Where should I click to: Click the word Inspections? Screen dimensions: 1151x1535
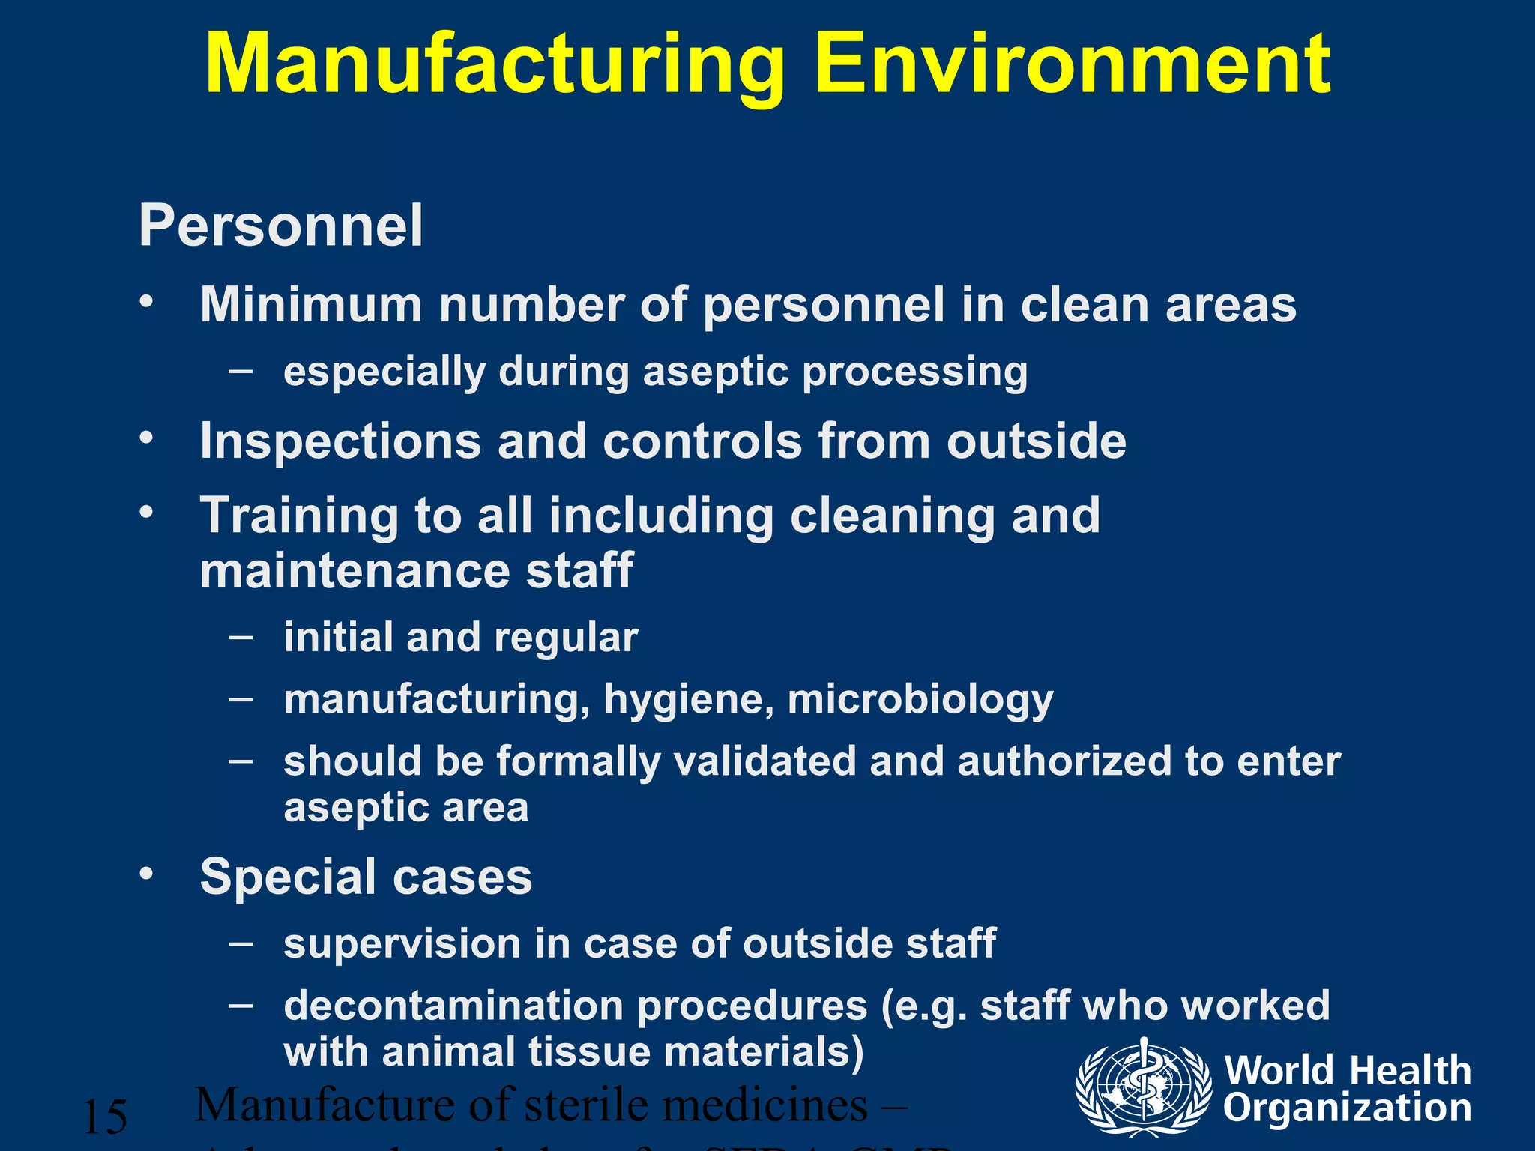click(x=340, y=441)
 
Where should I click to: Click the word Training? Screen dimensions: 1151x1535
click(x=298, y=517)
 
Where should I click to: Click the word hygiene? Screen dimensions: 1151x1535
click(x=689, y=701)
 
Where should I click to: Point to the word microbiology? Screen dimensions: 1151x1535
click(x=920, y=701)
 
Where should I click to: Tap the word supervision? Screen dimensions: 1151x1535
click(x=402, y=943)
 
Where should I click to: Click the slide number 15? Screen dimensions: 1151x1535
click(x=105, y=1117)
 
